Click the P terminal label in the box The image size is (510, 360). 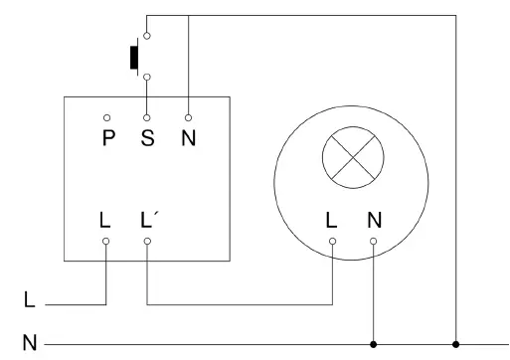107,137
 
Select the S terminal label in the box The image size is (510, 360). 147,137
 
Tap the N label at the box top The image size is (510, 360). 188,137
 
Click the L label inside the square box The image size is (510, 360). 105,219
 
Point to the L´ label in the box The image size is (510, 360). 148,218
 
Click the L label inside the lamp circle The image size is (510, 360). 332,219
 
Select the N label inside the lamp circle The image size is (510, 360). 374,219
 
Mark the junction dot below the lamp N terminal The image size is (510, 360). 374,344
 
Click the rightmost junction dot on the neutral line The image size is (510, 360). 456,344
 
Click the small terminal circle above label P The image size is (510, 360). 107,117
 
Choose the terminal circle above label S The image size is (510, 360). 147,117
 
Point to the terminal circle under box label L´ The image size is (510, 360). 147,241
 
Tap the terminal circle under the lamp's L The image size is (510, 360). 332,241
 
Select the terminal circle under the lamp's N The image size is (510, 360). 374,241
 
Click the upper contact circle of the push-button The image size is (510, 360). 147,35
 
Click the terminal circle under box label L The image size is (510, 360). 106,241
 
